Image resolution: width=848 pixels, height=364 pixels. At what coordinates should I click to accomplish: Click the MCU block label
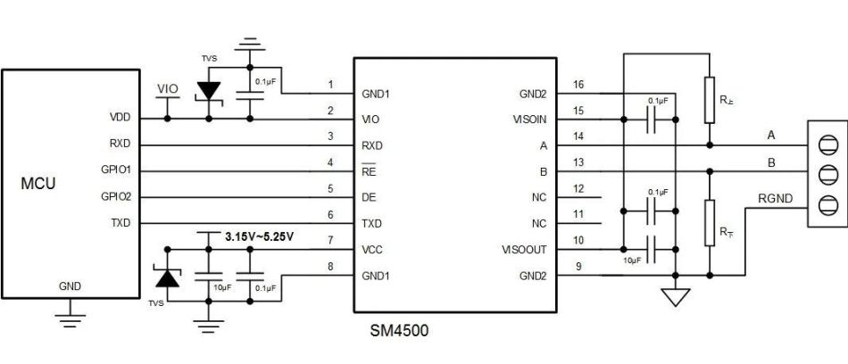(x=38, y=184)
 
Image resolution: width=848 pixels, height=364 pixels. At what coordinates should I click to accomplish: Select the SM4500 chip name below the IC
(x=399, y=330)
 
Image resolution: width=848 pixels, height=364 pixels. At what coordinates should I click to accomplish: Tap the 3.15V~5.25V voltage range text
(x=259, y=237)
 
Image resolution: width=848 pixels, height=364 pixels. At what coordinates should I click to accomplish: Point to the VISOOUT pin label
(x=524, y=250)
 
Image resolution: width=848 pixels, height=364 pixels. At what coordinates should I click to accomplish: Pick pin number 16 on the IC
(x=578, y=85)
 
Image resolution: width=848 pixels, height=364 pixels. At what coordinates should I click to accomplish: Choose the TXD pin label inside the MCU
(x=121, y=223)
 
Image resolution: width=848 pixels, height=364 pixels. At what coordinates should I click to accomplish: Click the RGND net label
(x=775, y=198)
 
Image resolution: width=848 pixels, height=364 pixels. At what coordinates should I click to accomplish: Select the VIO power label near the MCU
(x=167, y=88)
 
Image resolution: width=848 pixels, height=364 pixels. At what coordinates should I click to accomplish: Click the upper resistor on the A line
(x=710, y=100)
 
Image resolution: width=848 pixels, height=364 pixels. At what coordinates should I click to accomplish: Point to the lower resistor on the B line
(x=710, y=222)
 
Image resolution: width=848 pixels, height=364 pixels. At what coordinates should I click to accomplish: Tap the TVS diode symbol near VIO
(x=209, y=91)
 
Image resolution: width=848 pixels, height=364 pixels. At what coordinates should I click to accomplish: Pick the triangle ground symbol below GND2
(x=676, y=297)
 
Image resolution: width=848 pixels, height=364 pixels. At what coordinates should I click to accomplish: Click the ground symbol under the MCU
(x=70, y=320)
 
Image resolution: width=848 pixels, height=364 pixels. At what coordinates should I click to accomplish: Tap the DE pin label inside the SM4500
(x=369, y=198)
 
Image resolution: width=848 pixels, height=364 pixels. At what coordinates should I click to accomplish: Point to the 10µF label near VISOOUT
(x=632, y=261)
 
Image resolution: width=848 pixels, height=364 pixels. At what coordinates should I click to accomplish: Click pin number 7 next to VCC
(x=331, y=241)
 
